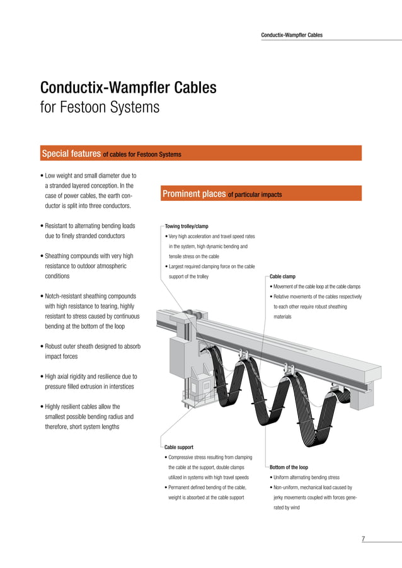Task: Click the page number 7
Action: [x=364, y=538]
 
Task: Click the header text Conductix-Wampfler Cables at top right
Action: [x=292, y=35]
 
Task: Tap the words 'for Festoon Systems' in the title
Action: [x=100, y=108]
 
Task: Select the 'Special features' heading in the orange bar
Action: [x=71, y=154]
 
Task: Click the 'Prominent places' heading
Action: [x=193, y=195]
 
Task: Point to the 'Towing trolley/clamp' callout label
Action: [x=187, y=226]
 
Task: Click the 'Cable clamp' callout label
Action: [x=282, y=276]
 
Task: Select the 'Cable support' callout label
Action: [x=179, y=447]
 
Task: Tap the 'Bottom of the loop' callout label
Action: [x=289, y=467]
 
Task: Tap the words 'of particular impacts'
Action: [x=255, y=195]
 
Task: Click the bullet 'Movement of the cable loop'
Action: [x=316, y=287]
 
